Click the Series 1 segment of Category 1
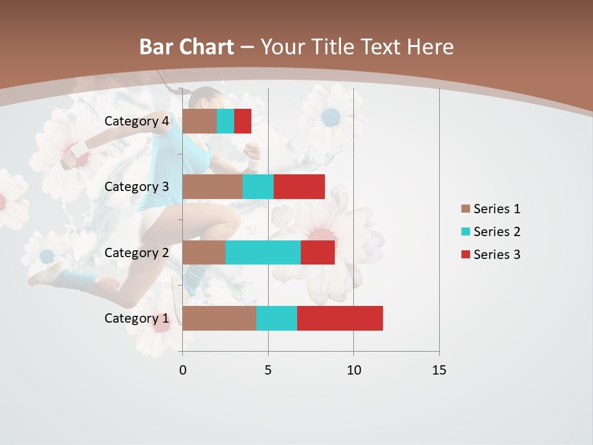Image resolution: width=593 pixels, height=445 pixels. point(219,318)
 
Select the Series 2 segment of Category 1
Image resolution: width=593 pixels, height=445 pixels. point(277,318)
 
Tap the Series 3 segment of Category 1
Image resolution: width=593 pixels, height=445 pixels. point(340,318)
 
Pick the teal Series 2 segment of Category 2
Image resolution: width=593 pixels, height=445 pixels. point(263,252)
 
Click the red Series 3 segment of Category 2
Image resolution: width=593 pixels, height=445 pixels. point(318,252)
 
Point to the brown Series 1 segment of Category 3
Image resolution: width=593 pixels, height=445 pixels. point(212,187)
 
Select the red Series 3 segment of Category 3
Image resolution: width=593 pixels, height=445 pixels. point(299,187)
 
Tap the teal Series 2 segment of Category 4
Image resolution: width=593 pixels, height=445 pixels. point(225,121)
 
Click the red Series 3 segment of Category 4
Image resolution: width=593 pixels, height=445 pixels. point(243,121)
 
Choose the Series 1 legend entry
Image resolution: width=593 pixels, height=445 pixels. point(490,209)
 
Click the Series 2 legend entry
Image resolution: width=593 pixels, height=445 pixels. point(490,232)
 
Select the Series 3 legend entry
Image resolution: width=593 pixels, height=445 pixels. point(490,255)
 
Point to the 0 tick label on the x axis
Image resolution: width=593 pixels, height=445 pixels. point(182,370)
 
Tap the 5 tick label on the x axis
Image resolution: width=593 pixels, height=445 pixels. point(268,370)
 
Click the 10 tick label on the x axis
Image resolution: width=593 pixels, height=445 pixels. point(353,370)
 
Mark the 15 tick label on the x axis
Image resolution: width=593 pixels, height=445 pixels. point(439,370)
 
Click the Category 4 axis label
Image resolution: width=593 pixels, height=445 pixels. point(137,121)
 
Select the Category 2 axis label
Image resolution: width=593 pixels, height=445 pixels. point(137,252)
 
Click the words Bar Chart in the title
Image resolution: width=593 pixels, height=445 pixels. point(186,47)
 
